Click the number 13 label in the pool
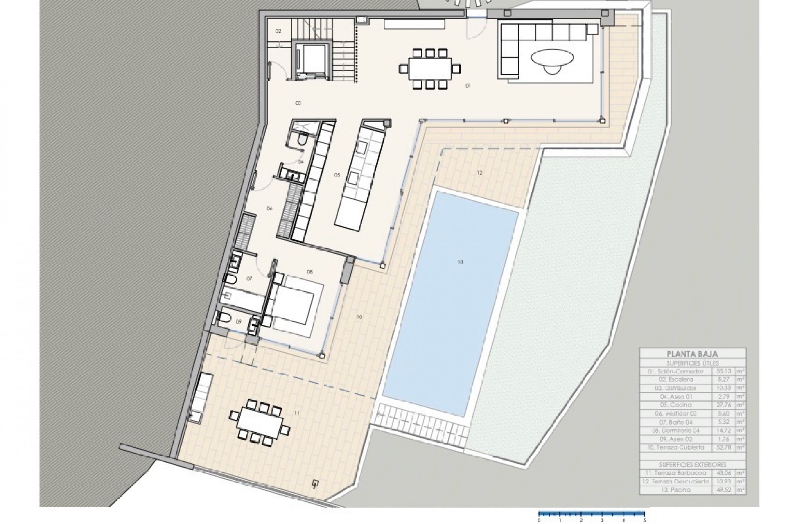(461, 262)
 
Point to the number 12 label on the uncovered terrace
(479, 173)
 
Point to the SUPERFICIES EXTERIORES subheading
(692, 465)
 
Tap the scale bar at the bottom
(592, 513)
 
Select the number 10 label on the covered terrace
(360, 317)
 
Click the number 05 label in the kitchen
(337, 175)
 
